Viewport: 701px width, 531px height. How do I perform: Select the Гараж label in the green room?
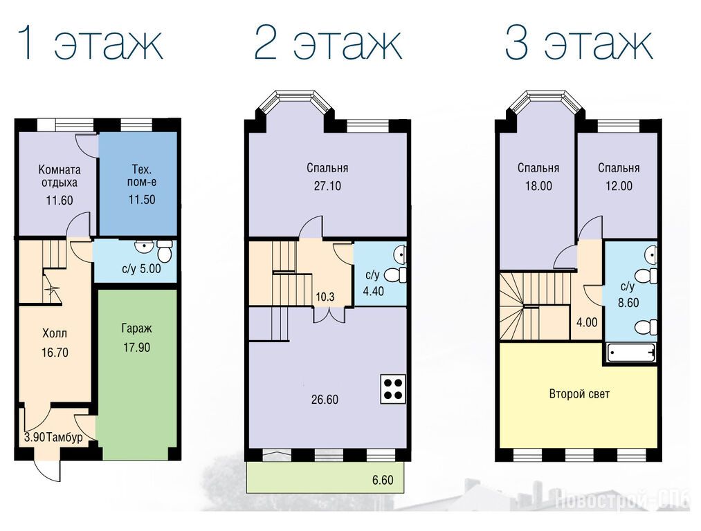click(136, 328)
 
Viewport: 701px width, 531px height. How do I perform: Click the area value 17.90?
click(137, 347)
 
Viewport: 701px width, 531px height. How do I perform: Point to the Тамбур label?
click(64, 437)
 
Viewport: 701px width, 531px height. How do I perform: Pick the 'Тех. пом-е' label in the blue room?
click(142, 176)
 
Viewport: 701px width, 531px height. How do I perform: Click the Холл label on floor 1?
click(55, 333)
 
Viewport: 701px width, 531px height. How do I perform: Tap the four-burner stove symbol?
click(393, 389)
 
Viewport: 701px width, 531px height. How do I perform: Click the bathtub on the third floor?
click(631, 353)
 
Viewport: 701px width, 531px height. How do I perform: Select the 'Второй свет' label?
click(579, 394)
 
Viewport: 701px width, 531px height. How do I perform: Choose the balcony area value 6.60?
click(383, 480)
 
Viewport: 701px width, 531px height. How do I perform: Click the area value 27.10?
click(327, 186)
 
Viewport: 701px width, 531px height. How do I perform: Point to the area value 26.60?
click(325, 399)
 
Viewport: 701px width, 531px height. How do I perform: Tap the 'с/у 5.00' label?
click(141, 269)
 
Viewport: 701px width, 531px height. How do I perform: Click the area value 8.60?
click(628, 302)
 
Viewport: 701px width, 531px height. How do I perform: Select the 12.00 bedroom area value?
click(619, 186)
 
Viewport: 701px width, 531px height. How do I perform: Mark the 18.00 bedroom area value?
click(538, 186)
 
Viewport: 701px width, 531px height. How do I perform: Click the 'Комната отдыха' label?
click(60, 176)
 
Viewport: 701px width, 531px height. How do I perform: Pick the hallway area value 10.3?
click(325, 297)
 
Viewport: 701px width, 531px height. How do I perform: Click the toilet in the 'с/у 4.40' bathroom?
click(396, 274)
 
